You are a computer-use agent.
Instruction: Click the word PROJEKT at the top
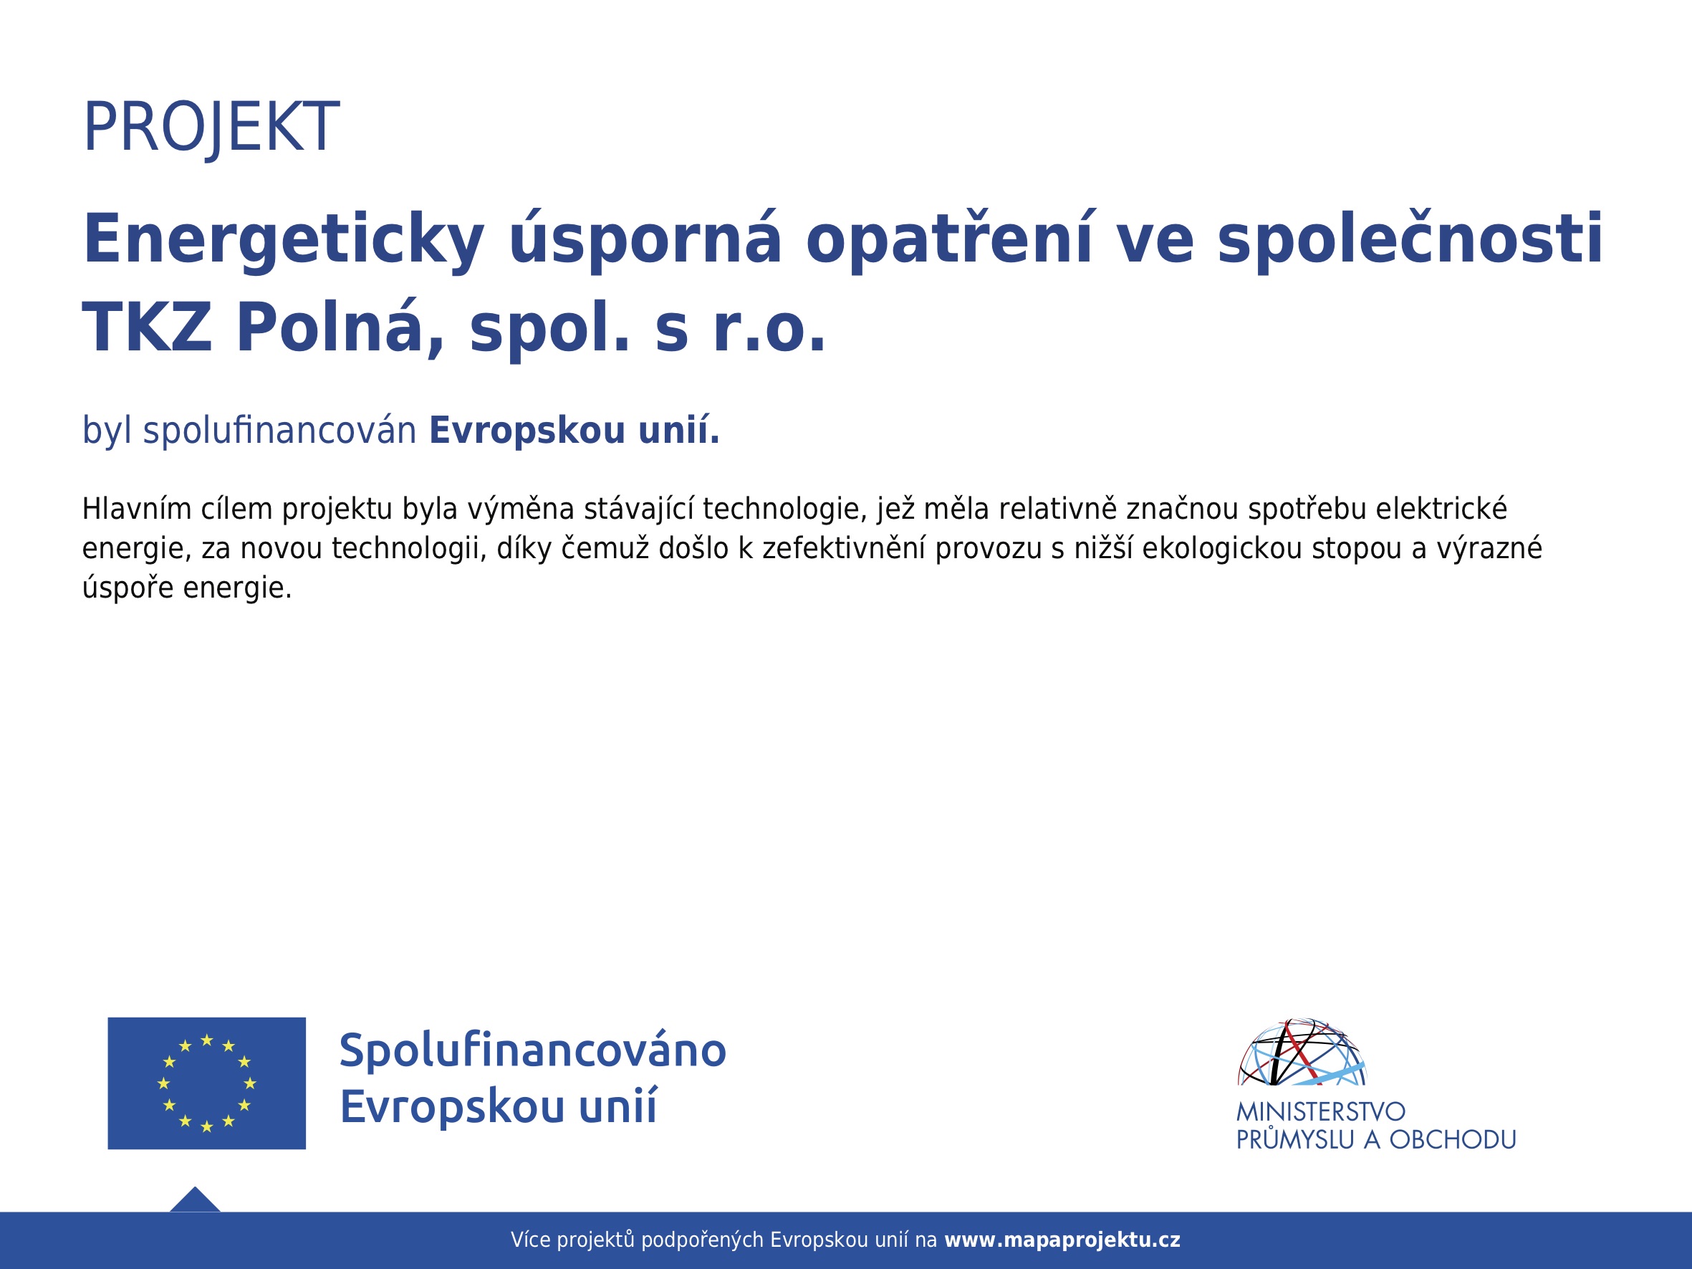point(211,128)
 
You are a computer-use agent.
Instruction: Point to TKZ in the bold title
point(147,328)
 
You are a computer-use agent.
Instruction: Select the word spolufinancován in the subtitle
point(280,431)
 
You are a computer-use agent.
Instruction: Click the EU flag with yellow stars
point(206,1083)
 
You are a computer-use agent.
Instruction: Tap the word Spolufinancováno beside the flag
point(532,1051)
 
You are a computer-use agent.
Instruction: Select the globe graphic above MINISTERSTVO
point(1302,1052)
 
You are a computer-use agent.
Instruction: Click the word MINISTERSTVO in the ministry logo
point(1321,1111)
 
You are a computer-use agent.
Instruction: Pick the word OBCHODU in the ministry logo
point(1453,1140)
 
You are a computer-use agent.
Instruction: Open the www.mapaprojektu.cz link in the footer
point(1062,1240)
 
